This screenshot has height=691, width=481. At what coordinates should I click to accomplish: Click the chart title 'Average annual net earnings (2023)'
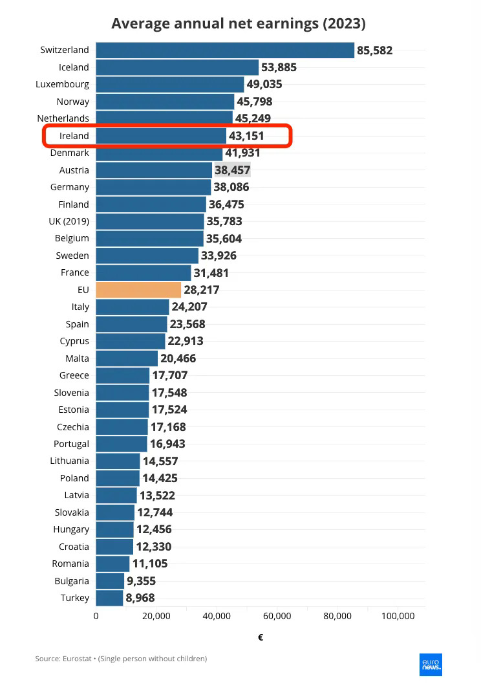click(239, 24)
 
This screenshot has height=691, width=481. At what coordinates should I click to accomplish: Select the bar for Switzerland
click(225, 50)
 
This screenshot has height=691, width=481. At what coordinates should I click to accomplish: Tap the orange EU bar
click(138, 290)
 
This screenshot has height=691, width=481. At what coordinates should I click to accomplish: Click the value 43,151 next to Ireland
click(246, 136)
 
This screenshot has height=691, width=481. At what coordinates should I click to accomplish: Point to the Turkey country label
click(75, 598)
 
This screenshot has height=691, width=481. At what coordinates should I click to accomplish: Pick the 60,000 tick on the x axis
click(277, 617)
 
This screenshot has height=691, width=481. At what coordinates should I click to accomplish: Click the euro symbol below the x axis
click(261, 638)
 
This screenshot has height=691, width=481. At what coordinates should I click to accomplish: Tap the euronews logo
click(431, 664)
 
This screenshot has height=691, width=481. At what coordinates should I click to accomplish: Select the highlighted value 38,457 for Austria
click(232, 170)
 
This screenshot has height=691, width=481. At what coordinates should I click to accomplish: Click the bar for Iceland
click(177, 67)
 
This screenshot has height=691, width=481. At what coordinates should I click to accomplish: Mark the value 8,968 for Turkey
click(140, 598)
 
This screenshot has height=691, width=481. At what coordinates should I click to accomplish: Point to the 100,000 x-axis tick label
click(398, 617)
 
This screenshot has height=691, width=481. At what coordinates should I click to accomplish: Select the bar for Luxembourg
click(170, 84)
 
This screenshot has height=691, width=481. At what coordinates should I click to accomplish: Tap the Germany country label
click(70, 187)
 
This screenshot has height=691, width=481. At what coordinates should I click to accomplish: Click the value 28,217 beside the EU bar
click(202, 290)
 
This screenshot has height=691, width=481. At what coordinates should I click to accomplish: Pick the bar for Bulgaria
click(110, 581)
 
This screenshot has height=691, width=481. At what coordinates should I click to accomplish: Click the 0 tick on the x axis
click(96, 617)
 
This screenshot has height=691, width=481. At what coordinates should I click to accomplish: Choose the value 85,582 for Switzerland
click(375, 50)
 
